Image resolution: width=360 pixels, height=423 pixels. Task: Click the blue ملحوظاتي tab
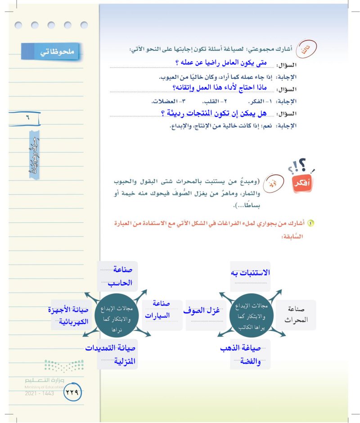(49, 52)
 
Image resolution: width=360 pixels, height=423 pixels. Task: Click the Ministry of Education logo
(63, 365)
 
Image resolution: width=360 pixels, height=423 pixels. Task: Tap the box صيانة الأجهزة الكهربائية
(69, 315)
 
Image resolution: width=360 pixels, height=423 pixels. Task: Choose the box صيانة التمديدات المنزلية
(118, 355)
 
